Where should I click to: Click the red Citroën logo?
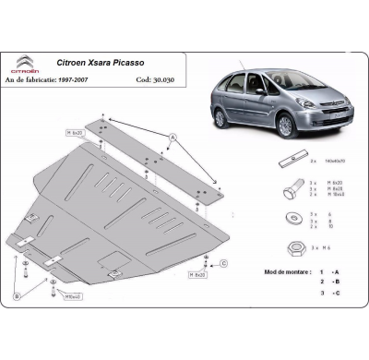coord(26,62)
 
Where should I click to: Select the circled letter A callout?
coord(172,137)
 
